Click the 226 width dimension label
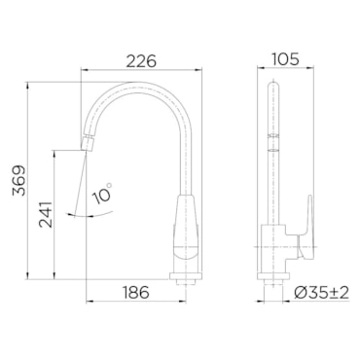pyautogui.click(x=141, y=61)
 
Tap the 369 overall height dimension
pyautogui.click(x=18, y=180)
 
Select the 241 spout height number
pyautogui.click(x=46, y=214)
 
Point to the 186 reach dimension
pyautogui.click(x=136, y=292)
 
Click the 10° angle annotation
pyautogui.click(x=102, y=194)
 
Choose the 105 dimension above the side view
pyautogui.click(x=285, y=59)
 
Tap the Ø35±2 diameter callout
pyautogui.click(x=321, y=293)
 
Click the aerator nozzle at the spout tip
pyautogui.click(x=88, y=144)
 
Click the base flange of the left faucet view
pyautogui.click(x=186, y=276)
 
